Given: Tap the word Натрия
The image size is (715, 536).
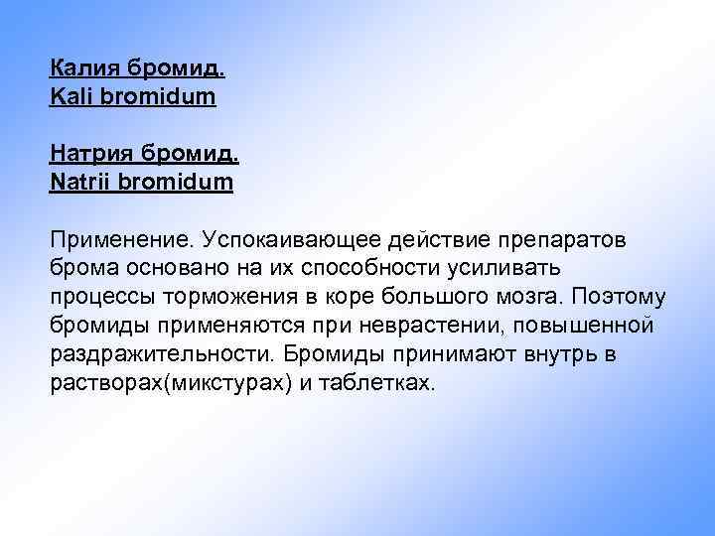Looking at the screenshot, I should point(88,155).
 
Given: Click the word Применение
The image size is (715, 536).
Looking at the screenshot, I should point(121,240).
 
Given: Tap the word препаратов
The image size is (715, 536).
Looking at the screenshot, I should point(570,240).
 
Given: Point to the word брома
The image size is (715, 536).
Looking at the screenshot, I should point(82,269).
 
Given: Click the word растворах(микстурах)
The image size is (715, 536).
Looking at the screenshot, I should point(168,383).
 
